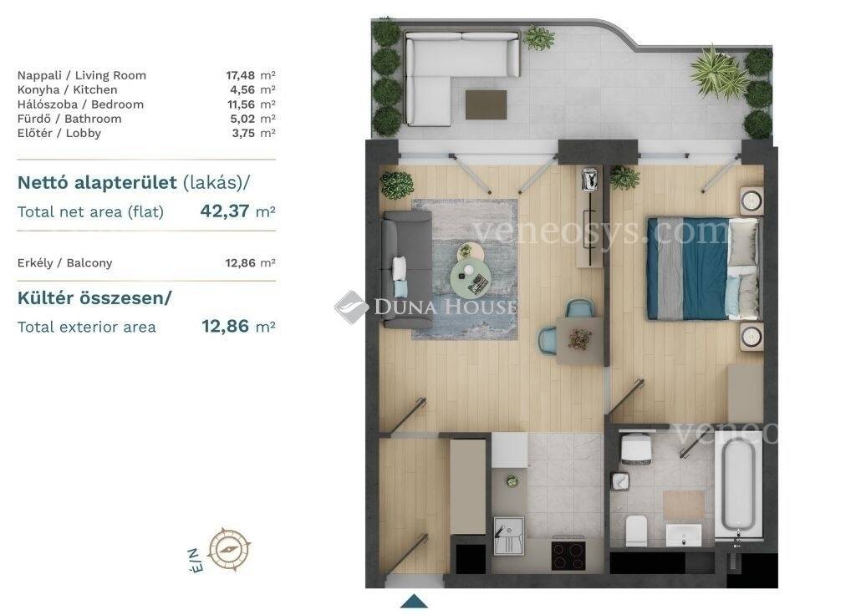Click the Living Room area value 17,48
240,75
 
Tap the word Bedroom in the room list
117,104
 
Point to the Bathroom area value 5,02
242,119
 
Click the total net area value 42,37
225,211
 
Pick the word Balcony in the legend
89,263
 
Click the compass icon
229,548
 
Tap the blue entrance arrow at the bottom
415,601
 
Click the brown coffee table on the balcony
486,104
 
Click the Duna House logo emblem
351,307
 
